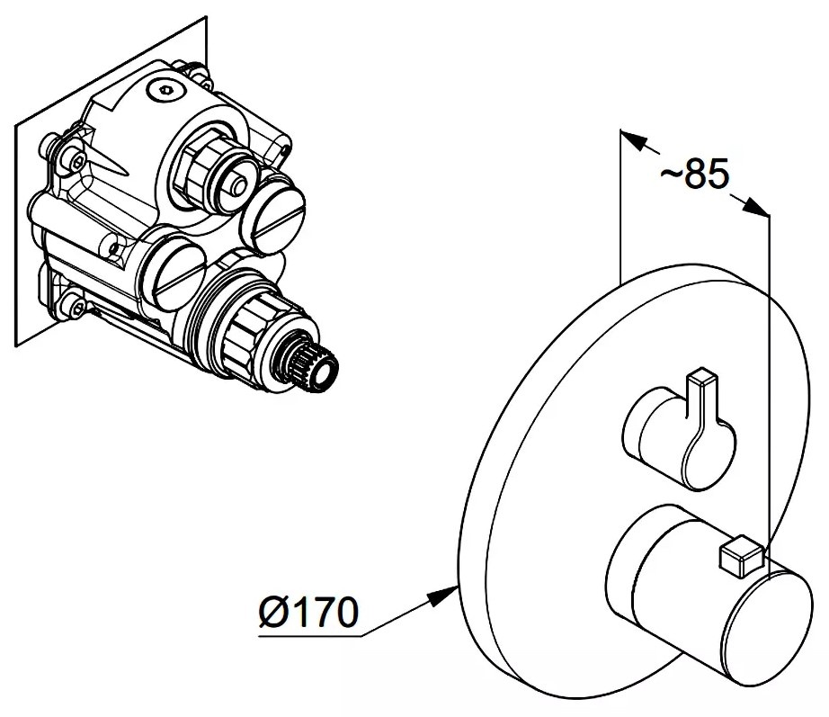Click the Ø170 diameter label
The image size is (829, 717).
point(308,612)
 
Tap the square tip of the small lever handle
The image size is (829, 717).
point(701,377)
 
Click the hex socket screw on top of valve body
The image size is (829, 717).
point(165,90)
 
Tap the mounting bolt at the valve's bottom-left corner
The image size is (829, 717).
point(74,305)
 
